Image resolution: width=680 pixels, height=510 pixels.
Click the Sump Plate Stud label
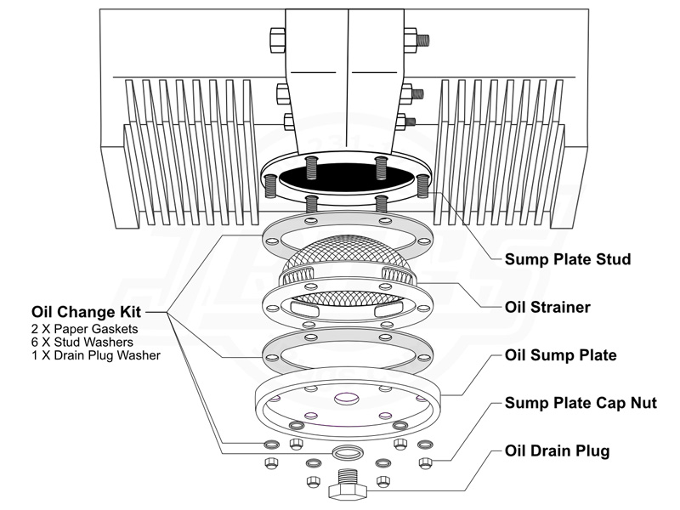[x=568, y=258]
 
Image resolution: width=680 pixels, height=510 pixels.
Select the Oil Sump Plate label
[x=561, y=354]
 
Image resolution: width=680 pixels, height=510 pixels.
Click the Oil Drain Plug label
[x=557, y=450]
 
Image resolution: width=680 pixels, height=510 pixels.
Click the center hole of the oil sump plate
[x=347, y=398]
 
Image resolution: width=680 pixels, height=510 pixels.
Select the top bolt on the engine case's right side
[x=415, y=38]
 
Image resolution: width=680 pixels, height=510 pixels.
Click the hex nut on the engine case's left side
[x=277, y=39]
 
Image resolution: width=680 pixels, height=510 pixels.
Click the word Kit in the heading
[x=143, y=311]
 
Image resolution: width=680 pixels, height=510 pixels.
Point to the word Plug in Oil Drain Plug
[x=593, y=450]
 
